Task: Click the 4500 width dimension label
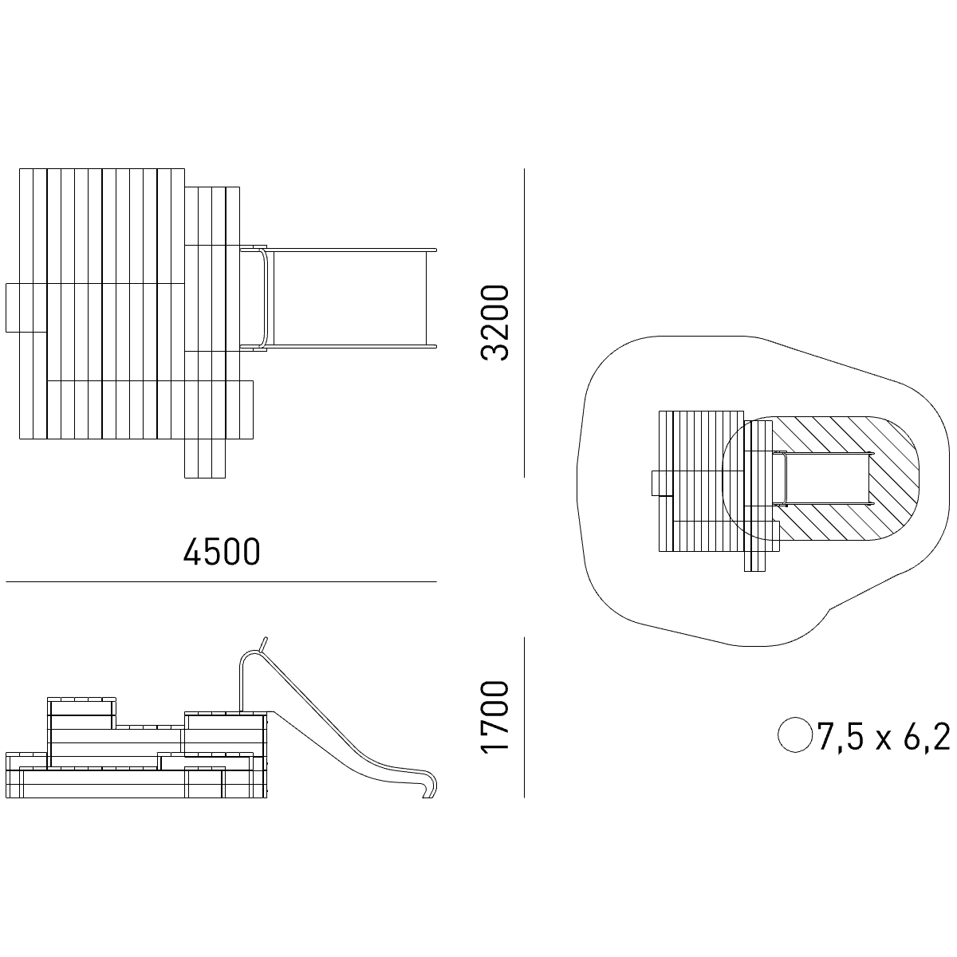coord(222,551)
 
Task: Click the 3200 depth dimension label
coord(495,322)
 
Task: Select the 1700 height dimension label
coord(495,718)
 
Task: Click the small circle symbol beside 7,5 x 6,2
coord(794,734)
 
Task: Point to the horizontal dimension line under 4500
coord(221,581)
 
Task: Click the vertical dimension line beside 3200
coord(524,323)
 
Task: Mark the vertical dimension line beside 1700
coord(524,718)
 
